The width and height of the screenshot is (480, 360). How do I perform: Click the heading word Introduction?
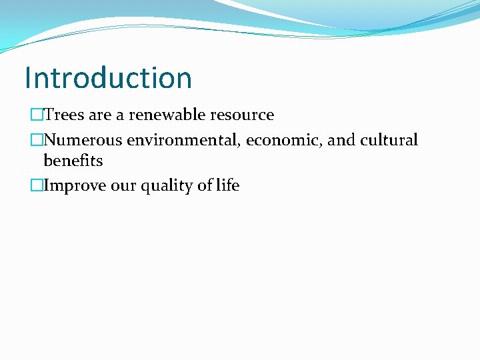point(108,77)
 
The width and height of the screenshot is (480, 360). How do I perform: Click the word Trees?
point(64,115)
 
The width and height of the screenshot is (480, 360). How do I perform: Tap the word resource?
point(245,115)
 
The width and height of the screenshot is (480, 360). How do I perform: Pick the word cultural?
point(389,140)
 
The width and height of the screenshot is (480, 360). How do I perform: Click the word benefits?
point(73,161)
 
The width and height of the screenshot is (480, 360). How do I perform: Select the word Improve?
point(75,185)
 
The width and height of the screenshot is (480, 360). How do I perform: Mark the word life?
point(227,185)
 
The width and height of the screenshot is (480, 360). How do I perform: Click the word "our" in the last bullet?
point(123,185)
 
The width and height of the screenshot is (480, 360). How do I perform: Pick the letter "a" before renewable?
point(120,115)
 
